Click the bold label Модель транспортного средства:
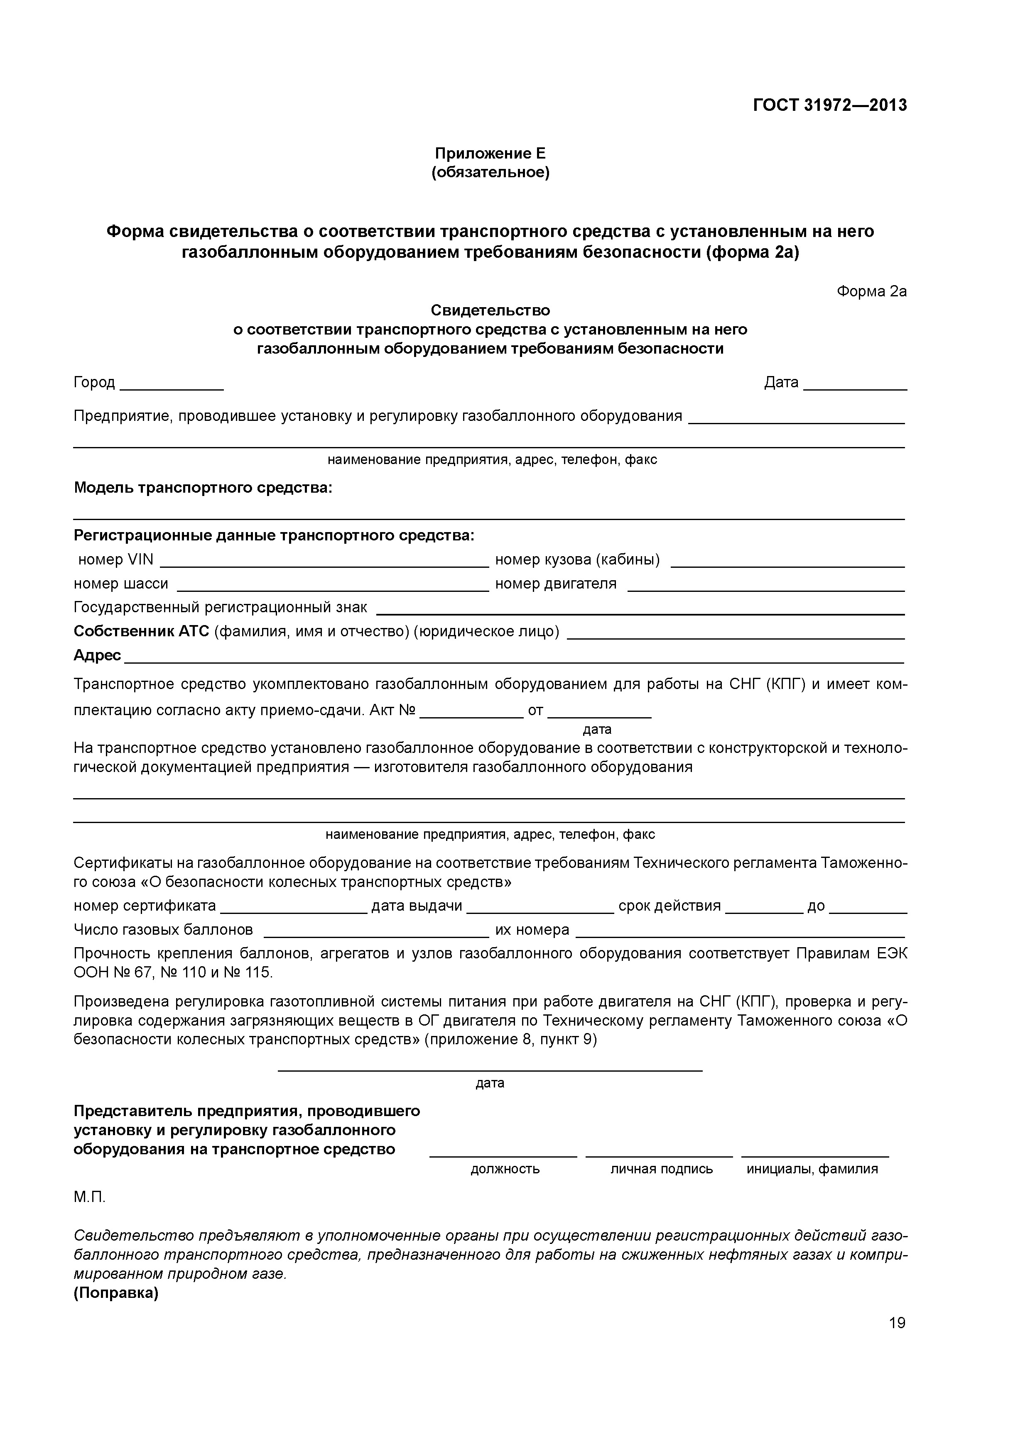point(203,488)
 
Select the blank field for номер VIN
point(324,561)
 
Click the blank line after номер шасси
point(333,585)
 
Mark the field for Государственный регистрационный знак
point(640,609)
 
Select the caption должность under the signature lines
point(505,1169)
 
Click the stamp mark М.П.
point(89,1197)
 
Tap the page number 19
point(897,1322)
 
